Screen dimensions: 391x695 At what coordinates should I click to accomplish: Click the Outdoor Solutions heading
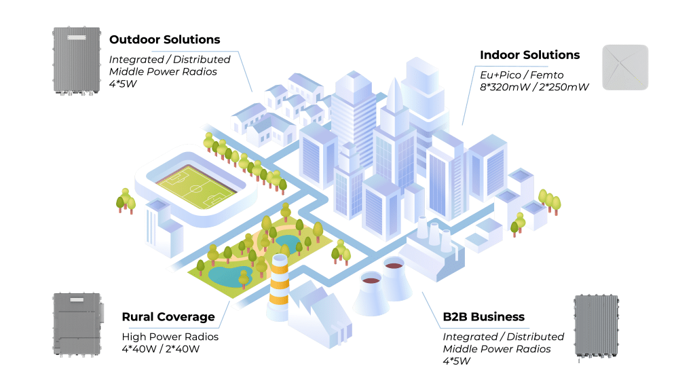164,39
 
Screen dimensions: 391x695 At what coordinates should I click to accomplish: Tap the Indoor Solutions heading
529,55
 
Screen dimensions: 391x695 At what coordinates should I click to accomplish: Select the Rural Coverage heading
168,317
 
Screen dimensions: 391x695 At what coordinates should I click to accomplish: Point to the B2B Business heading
483,317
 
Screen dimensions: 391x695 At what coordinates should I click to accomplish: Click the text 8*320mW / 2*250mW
534,88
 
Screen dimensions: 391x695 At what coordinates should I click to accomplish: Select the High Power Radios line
170,337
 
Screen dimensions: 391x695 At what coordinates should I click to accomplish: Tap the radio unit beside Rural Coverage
77,324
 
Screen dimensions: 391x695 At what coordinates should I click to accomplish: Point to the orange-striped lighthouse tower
279,285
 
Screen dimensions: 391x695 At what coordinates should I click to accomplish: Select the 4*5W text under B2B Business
457,360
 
